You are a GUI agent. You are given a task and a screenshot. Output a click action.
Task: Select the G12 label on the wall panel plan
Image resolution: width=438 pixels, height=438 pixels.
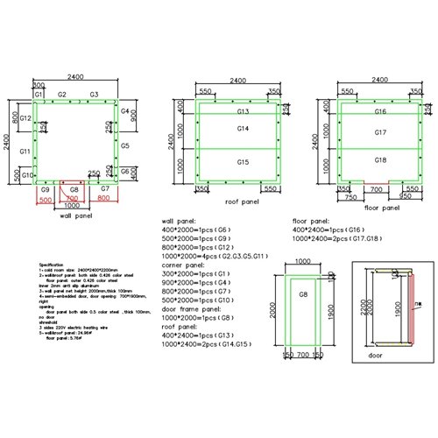26,118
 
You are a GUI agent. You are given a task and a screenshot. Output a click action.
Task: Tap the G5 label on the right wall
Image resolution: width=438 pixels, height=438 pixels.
125,145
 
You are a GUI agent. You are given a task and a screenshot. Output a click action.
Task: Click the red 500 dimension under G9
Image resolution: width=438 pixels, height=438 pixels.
46,198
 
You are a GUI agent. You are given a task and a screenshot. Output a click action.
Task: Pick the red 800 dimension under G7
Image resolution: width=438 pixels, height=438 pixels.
103,198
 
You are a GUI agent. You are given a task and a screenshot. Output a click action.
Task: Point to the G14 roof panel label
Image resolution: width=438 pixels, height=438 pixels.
243,130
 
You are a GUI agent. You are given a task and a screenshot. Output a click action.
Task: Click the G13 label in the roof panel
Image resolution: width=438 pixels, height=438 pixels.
243,112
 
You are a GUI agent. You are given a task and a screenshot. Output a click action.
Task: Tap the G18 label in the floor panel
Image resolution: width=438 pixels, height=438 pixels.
380,161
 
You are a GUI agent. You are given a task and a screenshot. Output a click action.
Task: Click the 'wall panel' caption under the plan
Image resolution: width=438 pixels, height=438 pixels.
76,213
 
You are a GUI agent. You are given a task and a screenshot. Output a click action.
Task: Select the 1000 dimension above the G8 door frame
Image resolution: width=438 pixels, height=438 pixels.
302,261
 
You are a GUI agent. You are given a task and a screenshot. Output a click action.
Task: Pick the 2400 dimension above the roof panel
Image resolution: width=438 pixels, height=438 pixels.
237,80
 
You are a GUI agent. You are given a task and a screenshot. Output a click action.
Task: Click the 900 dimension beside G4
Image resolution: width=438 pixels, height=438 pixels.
134,114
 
